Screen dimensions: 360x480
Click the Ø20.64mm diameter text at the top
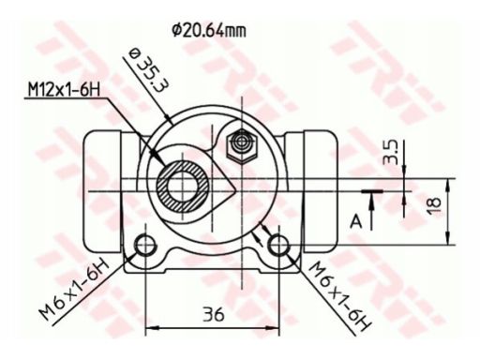point(209,29)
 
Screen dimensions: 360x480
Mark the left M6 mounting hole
point(145,247)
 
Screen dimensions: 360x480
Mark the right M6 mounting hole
point(279,246)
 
